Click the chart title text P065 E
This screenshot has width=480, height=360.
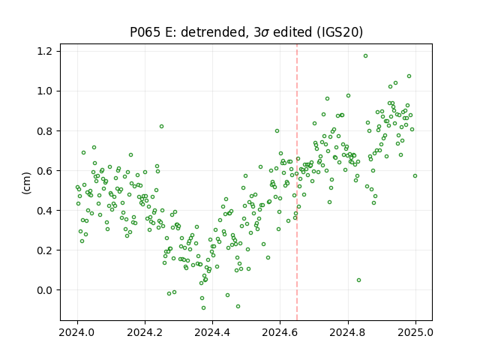pyautogui.click(x=151, y=32)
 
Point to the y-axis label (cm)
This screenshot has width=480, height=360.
pyautogui.click(x=27, y=183)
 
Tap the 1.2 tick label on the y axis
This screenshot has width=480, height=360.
pyautogui.click(x=44, y=51)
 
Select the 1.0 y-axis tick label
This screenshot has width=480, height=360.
pyautogui.click(x=44, y=91)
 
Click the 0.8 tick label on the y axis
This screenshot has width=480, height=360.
pyautogui.click(x=44, y=130)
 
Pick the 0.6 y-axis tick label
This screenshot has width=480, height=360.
pyautogui.click(x=44, y=170)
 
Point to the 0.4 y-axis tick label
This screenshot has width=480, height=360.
pyautogui.click(x=44, y=210)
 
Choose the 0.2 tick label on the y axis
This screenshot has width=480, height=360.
pyautogui.click(x=44, y=250)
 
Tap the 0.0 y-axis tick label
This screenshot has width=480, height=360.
pyautogui.click(x=44, y=290)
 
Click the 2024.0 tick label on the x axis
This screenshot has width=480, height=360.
pyautogui.click(x=77, y=332)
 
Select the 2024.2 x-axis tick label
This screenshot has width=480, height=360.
pyautogui.click(x=145, y=332)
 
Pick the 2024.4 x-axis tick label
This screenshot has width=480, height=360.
pyautogui.click(x=212, y=332)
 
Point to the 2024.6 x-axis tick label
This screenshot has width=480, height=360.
pyautogui.click(x=280, y=332)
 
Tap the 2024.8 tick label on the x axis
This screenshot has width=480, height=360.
pyautogui.click(x=348, y=332)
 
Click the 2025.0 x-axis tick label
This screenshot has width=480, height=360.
pyautogui.click(x=415, y=332)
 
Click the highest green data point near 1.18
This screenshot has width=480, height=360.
pyautogui.click(x=365, y=56)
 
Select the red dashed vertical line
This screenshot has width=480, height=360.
pyautogui.click(x=297, y=182)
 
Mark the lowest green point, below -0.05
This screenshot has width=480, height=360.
pyautogui.click(x=203, y=308)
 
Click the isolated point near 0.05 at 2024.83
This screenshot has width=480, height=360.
pyautogui.click(x=358, y=280)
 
